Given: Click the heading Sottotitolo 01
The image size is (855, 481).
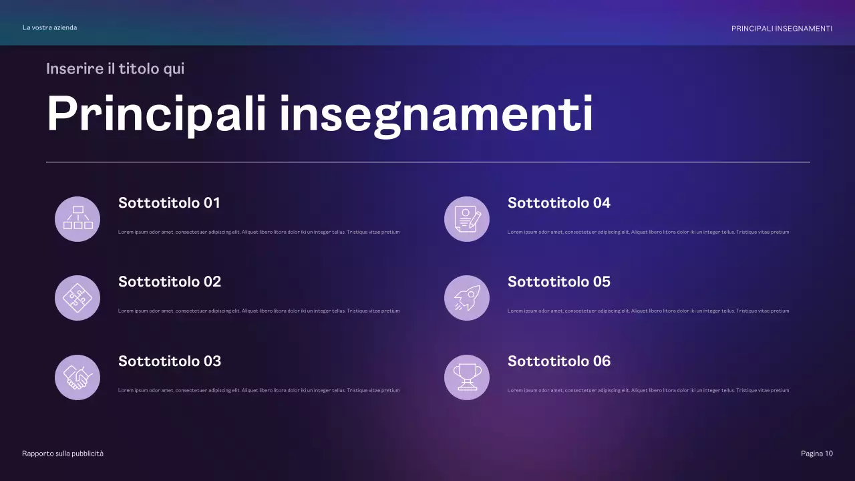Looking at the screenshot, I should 169,203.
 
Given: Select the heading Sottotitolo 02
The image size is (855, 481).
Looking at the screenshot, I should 170,282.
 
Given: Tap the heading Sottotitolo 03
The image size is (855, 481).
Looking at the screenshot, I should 170,361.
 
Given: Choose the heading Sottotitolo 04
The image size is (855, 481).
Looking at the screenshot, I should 559,203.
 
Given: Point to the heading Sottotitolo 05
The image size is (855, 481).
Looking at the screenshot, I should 559,282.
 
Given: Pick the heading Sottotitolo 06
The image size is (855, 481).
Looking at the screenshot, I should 559,361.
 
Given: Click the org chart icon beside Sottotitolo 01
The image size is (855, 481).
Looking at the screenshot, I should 77,218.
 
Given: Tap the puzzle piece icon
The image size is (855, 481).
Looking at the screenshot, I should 77,298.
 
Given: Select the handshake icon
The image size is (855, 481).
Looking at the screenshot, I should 77,377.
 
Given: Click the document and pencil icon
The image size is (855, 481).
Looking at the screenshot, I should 467,218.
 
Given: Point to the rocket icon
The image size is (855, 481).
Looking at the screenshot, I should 467,298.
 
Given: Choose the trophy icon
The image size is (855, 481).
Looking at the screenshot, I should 467,377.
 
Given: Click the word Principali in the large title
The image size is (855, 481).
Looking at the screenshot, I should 157,114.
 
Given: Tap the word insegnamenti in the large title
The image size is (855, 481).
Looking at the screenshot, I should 436,114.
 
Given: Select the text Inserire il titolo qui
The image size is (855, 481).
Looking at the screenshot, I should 115,69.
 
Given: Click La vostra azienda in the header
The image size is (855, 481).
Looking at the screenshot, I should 49,27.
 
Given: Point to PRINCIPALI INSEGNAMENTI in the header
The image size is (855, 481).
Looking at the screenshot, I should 782,29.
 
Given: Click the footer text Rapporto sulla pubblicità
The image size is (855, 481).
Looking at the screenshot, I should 63,454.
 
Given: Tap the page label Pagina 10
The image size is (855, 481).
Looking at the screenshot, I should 817,454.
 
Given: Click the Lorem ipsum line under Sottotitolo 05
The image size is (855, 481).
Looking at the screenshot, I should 648,311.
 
